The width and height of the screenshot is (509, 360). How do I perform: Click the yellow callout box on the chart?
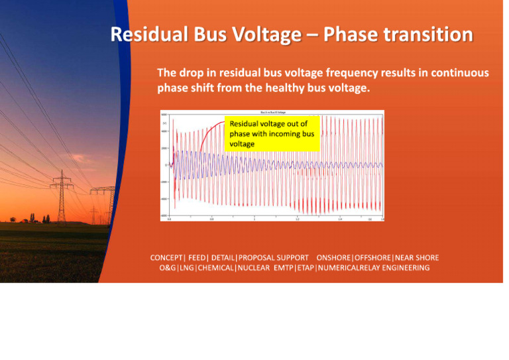point(272,133)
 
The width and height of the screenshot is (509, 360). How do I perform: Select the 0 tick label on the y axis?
point(166,165)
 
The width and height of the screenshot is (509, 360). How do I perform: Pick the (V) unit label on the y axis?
point(164,123)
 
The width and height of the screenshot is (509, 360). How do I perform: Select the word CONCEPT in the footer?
point(167,257)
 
